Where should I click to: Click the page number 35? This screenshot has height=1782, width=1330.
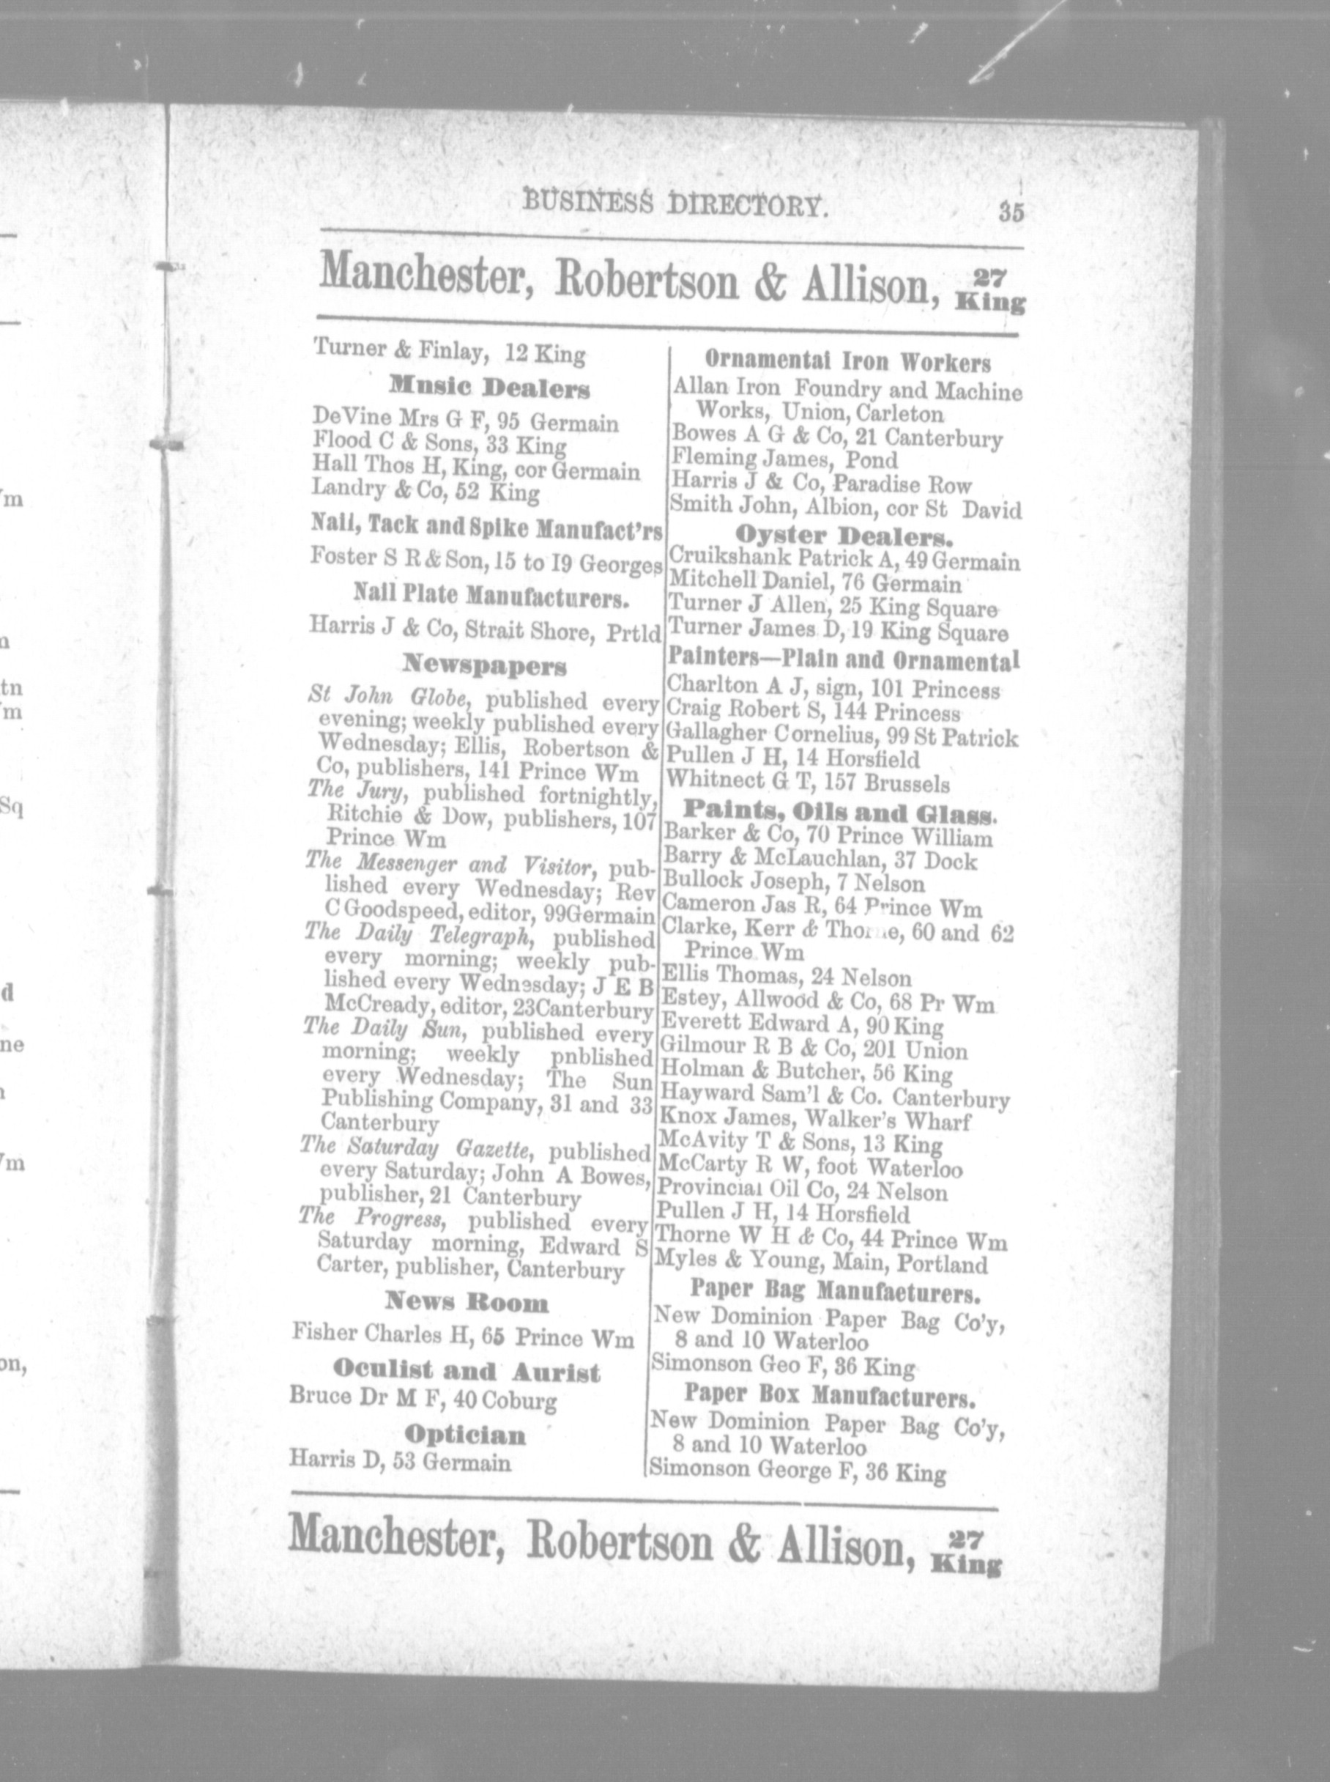1011,213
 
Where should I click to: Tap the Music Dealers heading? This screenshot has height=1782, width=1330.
489,388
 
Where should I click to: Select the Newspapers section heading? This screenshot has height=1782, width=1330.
485,667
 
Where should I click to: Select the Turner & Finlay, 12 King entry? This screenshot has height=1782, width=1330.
448,352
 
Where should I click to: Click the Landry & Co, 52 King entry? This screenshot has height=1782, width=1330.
426,491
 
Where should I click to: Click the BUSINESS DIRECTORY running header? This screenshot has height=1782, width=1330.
675,205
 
